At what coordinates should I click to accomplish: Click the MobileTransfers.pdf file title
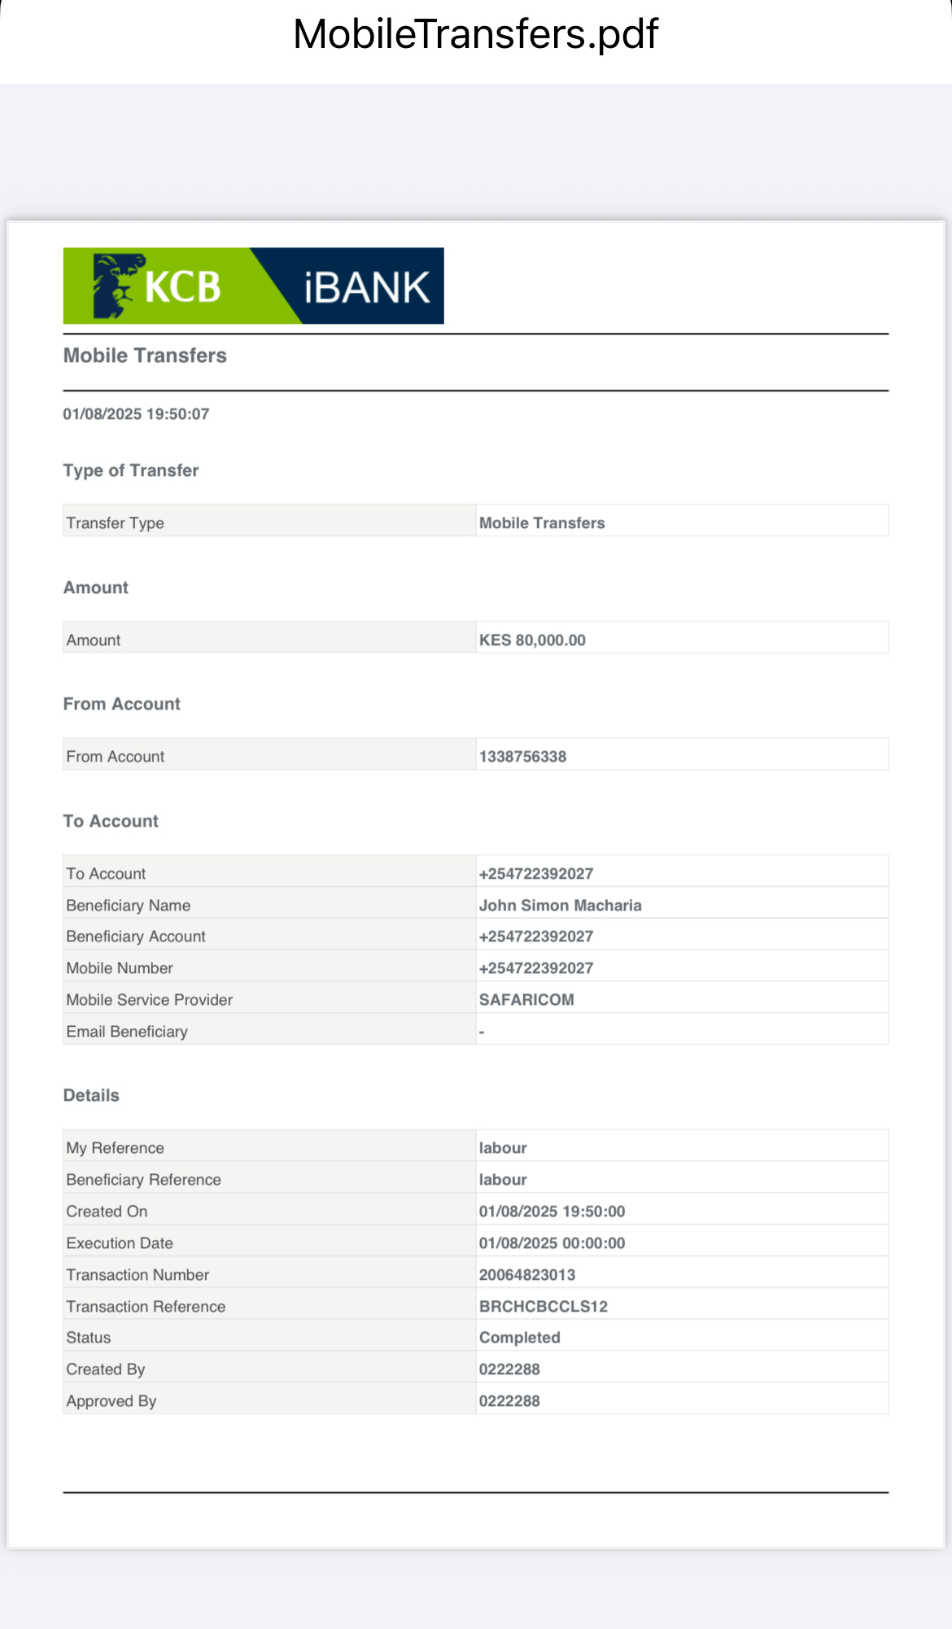coord(475,34)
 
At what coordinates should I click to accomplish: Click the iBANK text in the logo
coord(367,287)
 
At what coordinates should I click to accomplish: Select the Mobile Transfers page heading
coord(145,356)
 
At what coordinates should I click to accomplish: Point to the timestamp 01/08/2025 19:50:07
coord(136,414)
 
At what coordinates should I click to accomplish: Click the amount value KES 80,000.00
coord(532,640)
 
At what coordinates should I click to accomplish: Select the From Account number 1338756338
coord(522,757)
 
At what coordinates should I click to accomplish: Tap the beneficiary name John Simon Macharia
coord(560,906)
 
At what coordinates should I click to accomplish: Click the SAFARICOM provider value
coord(526,1000)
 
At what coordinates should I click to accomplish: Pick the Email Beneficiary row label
coord(127,1032)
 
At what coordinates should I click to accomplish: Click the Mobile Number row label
coord(120,968)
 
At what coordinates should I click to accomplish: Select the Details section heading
coord(91,1095)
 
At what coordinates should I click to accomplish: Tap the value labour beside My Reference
coord(503,1148)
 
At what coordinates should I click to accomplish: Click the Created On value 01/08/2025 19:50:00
coord(552,1212)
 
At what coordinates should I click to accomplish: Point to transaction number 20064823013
coord(527,1275)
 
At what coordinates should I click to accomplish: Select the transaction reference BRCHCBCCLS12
coord(544,1307)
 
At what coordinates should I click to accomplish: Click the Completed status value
coord(519,1338)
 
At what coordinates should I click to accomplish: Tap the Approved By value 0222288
coord(509,1401)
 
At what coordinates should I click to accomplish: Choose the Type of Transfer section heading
coord(131,470)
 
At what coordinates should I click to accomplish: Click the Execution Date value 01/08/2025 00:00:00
coord(552,1243)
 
